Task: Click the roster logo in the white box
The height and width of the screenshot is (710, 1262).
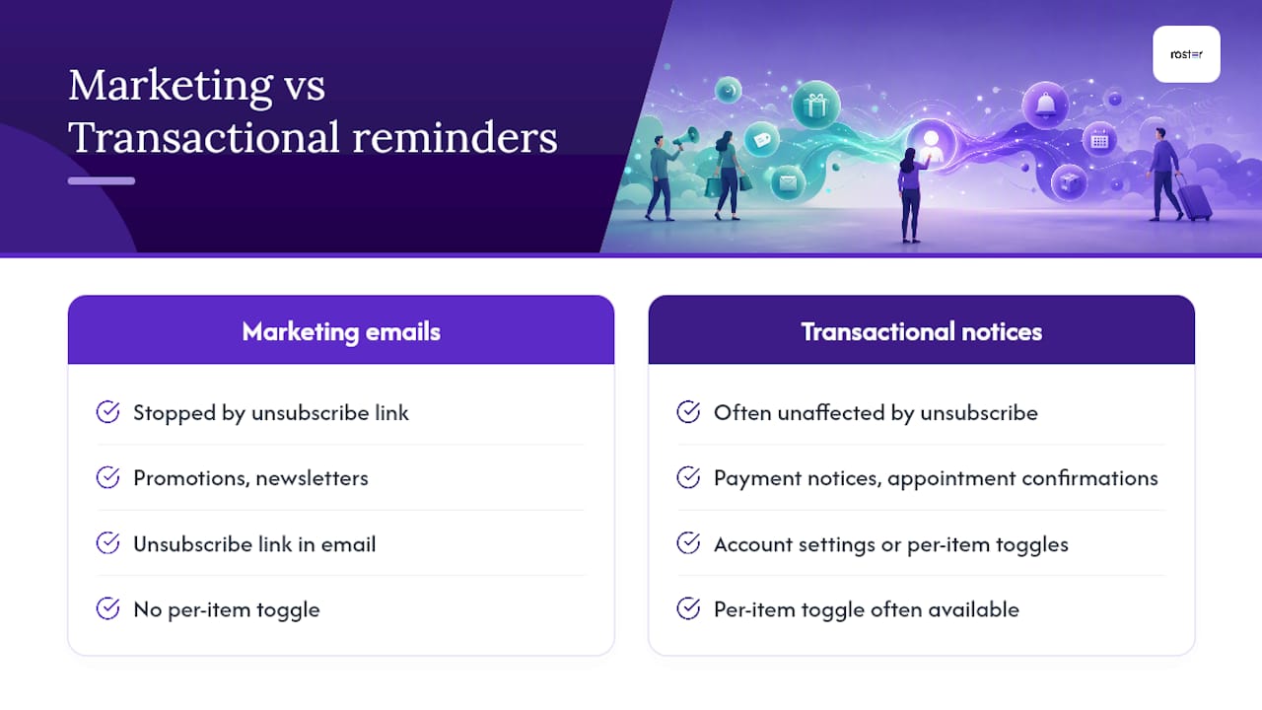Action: point(1186,54)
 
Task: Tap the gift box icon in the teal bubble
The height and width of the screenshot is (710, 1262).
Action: point(815,105)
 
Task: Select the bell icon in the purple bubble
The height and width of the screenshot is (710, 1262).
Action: point(1046,105)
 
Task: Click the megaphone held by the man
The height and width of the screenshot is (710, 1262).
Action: point(686,137)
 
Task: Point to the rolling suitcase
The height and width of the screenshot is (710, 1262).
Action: point(1193,198)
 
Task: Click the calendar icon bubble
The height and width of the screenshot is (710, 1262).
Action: point(1099,140)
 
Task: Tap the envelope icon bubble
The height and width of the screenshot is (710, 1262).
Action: point(788,182)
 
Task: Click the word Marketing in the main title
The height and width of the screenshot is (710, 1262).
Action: point(171,86)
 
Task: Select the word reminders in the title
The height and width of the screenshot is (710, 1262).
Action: point(455,137)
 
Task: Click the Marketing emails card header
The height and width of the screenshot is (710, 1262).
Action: point(341,330)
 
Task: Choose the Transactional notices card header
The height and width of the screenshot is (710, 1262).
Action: point(922,330)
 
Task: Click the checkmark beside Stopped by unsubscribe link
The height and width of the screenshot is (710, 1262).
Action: point(107,412)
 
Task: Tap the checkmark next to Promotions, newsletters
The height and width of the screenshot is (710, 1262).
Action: point(107,477)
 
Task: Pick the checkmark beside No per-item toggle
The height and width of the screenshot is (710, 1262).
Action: point(107,608)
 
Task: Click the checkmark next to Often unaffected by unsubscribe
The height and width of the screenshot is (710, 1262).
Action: point(688,412)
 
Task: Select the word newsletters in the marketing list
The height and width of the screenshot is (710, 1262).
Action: point(313,478)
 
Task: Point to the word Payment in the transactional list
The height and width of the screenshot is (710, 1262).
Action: point(757,479)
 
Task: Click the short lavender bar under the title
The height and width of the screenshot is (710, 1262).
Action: point(102,180)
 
